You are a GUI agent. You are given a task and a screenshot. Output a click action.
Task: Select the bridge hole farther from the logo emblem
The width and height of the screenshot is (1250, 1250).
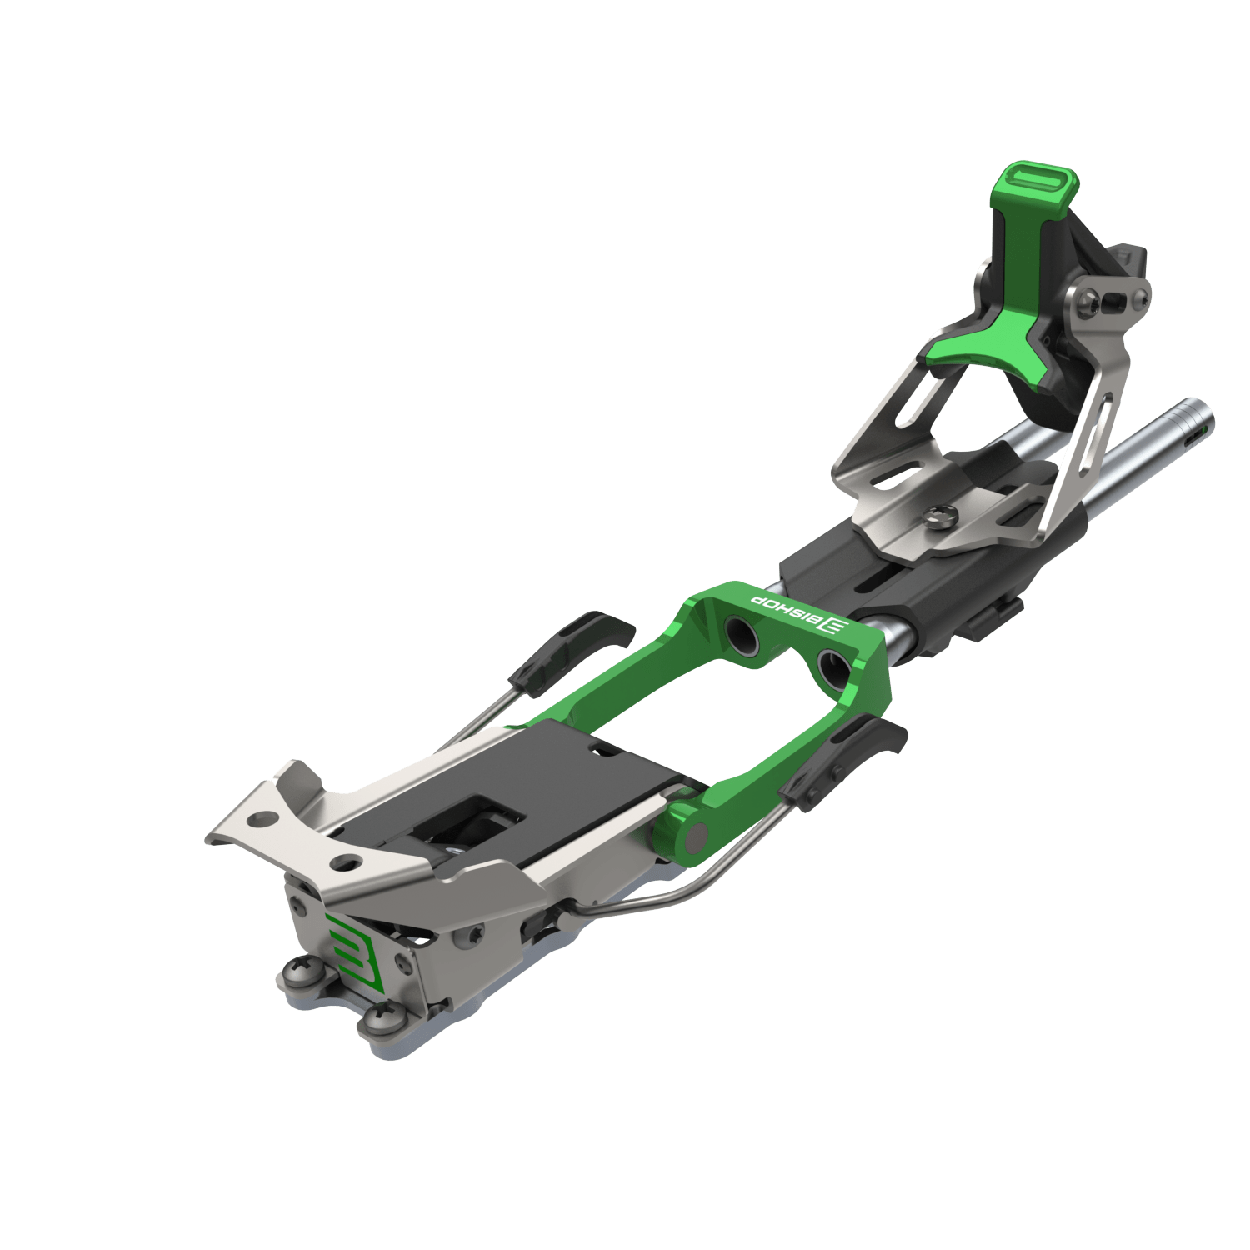(742, 635)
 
